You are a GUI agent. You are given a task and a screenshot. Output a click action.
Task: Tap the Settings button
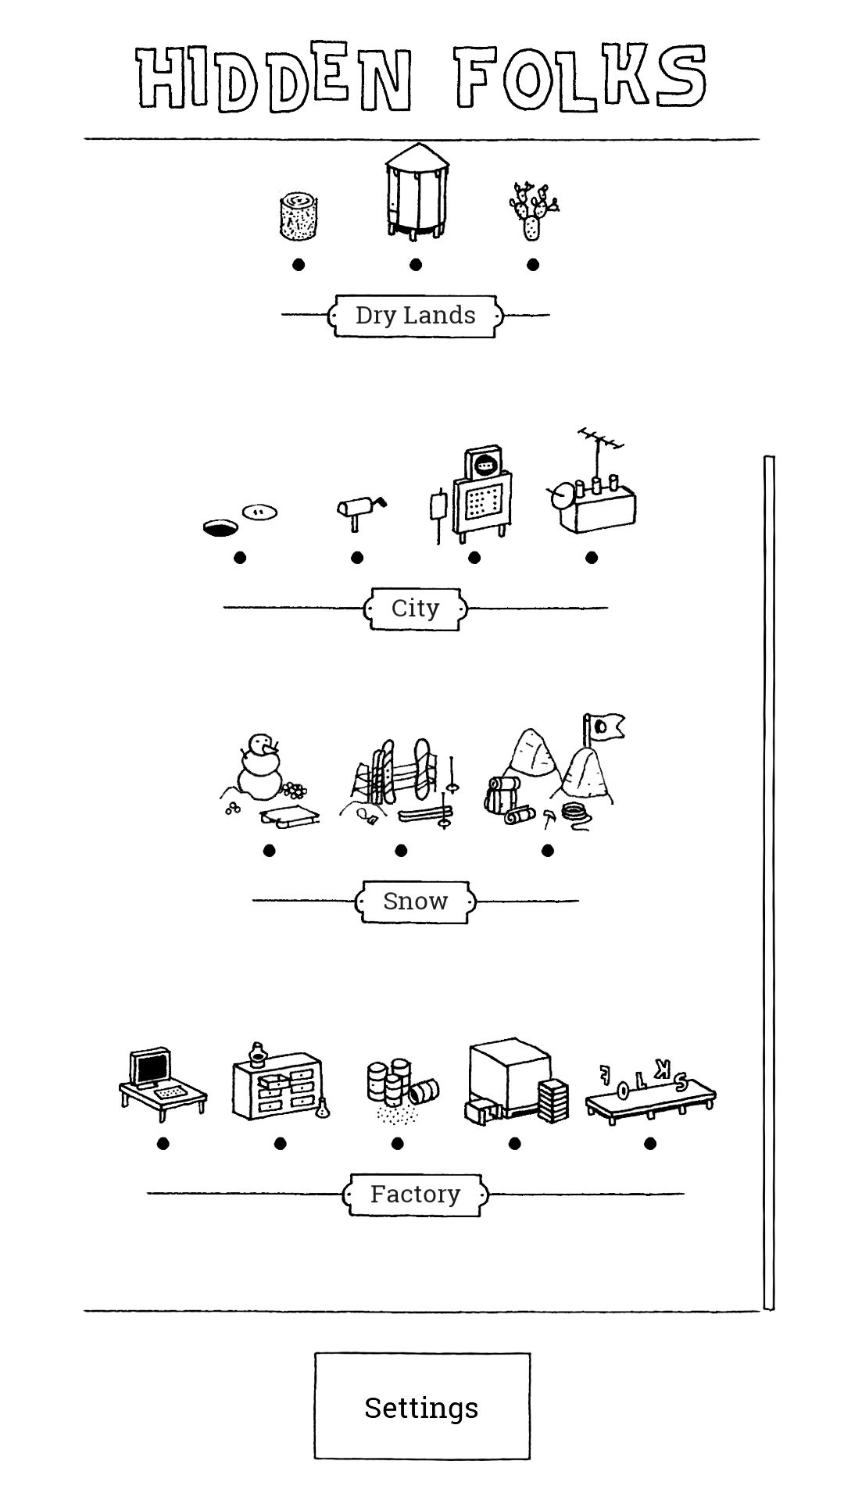(x=422, y=1406)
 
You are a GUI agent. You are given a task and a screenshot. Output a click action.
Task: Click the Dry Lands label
(x=415, y=316)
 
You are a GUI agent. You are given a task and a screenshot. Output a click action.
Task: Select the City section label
(x=415, y=608)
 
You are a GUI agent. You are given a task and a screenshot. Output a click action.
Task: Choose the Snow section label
(x=415, y=901)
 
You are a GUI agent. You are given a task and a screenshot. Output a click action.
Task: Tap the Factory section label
(x=415, y=1194)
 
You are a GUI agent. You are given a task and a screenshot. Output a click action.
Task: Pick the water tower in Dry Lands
(x=417, y=191)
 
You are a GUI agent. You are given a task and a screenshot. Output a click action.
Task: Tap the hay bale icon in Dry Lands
(x=298, y=216)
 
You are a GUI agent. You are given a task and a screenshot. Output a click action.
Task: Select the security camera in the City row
(x=359, y=509)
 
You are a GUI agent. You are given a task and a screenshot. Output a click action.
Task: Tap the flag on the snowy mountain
(x=606, y=727)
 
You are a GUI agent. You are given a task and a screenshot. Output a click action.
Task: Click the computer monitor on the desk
(x=150, y=1068)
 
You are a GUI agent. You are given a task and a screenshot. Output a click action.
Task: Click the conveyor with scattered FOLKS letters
(x=650, y=1092)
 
